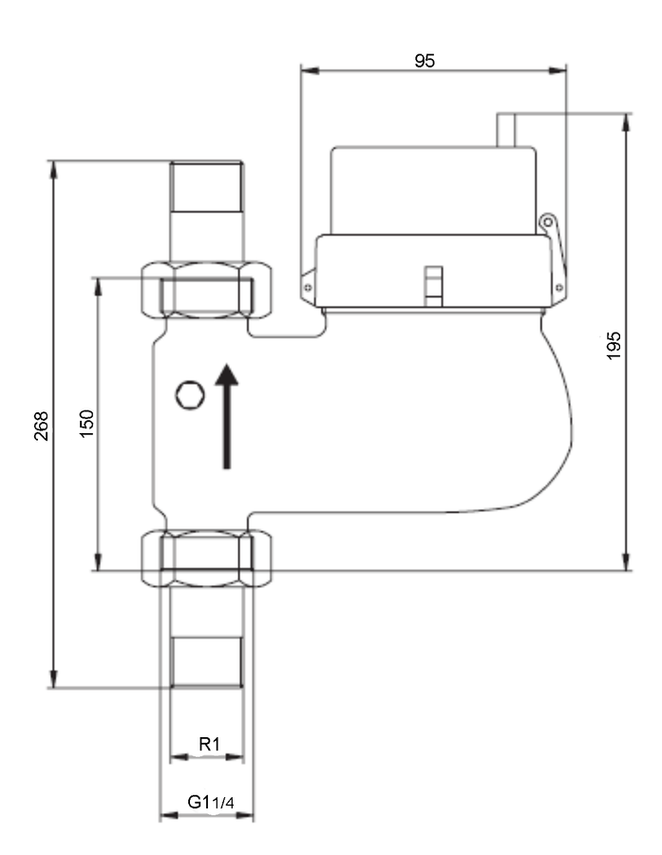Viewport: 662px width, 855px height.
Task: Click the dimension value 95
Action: (425, 60)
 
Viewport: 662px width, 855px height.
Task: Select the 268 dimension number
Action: (42, 426)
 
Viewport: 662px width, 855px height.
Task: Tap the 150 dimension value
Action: (86, 423)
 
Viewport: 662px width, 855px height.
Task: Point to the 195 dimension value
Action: (614, 345)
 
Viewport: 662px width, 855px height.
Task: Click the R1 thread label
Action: (209, 744)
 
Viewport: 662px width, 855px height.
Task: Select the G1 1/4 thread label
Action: (211, 802)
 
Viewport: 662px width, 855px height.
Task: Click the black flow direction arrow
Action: (226, 415)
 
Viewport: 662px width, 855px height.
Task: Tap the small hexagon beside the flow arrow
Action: (190, 395)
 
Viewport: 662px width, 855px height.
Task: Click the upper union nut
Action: (206, 290)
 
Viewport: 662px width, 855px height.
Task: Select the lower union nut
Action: (206, 559)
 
